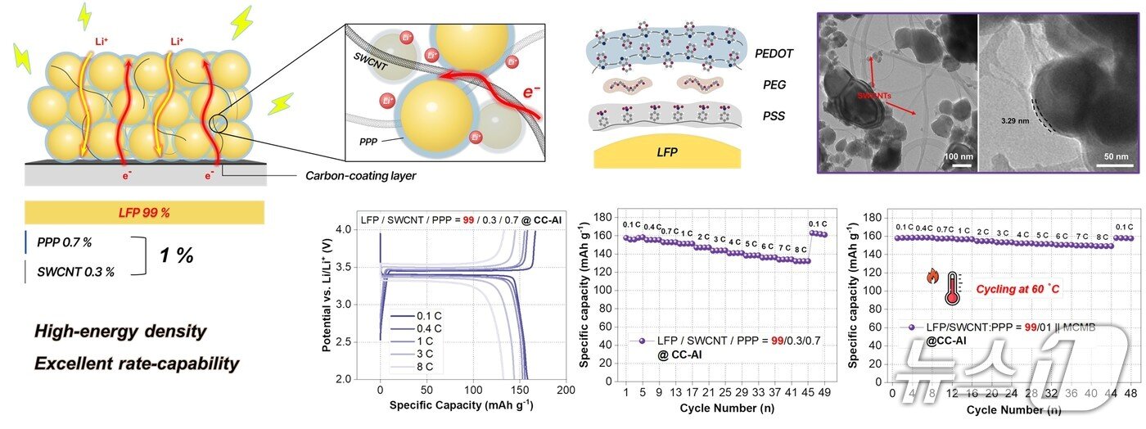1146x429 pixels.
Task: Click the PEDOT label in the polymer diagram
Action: coord(774,54)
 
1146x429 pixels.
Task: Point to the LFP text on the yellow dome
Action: coord(667,153)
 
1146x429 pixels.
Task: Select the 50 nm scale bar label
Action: coord(1116,156)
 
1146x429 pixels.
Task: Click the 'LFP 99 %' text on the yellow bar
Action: coord(144,213)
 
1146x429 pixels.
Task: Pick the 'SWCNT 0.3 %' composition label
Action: coord(75,272)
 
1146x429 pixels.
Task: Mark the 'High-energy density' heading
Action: coord(120,332)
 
